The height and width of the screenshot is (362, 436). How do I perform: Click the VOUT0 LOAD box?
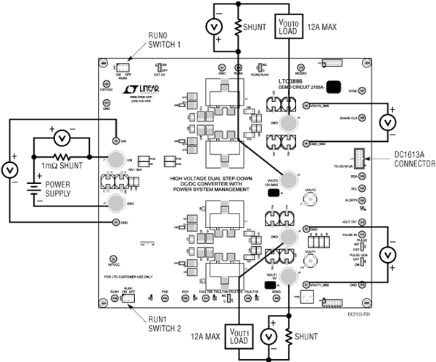tap(289, 27)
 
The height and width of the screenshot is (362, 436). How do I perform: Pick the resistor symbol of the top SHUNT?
tap(239, 27)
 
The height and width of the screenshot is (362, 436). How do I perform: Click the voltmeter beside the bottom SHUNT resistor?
tap(267, 337)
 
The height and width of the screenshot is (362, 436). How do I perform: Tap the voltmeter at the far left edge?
tap(10, 170)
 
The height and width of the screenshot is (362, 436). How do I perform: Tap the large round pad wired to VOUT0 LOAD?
tap(289, 122)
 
